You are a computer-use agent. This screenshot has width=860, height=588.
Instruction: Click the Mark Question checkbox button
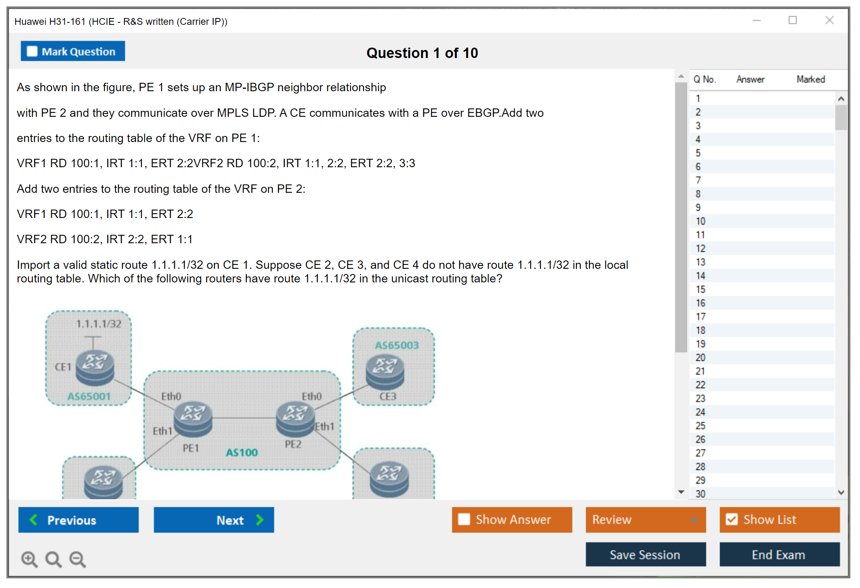(73, 51)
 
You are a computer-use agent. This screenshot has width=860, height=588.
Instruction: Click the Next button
(214, 520)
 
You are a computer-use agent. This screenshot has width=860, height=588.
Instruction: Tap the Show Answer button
(512, 520)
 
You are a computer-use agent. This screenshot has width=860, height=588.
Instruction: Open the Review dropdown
(645, 520)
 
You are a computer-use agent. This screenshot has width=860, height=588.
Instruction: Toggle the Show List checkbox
(779, 520)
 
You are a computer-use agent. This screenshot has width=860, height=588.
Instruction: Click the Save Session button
(645, 554)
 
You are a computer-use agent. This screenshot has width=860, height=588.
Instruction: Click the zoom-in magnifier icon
(29, 559)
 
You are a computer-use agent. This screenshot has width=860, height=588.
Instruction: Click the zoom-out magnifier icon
(78, 559)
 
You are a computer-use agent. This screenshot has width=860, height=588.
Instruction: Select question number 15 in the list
(700, 289)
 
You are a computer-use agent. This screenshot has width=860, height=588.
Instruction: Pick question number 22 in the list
(700, 385)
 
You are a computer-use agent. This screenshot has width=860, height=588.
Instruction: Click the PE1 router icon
(193, 418)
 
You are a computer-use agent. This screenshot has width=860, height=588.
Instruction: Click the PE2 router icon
(296, 418)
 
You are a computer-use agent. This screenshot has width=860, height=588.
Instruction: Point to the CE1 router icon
(95, 367)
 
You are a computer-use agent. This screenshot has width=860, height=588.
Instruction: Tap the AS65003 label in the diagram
(396, 345)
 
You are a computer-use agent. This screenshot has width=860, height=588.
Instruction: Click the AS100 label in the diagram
(242, 452)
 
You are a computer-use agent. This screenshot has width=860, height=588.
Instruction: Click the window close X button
(829, 20)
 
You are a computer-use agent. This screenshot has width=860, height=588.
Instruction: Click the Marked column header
(810, 79)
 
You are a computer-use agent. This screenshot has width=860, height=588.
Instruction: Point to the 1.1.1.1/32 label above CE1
(98, 324)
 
